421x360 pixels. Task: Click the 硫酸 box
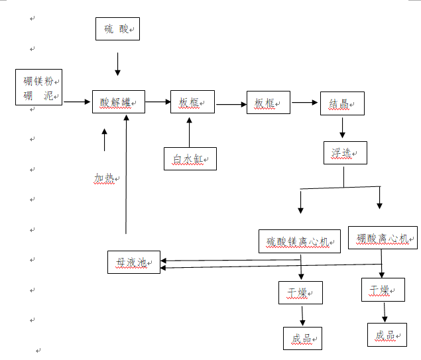pyautogui.click(x=118, y=29)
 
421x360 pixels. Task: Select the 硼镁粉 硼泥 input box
pyautogui.click(x=39, y=87)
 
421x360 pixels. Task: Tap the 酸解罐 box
pyautogui.click(x=119, y=102)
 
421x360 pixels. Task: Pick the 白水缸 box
pyautogui.click(x=190, y=159)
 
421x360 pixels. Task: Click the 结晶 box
pyautogui.click(x=342, y=103)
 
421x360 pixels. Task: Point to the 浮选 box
pyautogui.click(x=345, y=153)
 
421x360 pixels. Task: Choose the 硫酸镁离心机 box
pyautogui.click(x=298, y=241)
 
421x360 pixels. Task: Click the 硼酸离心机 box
pyautogui.click(x=383, y=237)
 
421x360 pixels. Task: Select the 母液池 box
pyautogui.click(x=134, y=263)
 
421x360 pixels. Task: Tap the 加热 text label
pyautogui.click(x=105, y=178)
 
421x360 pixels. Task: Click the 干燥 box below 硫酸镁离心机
pyautogui.click(x=300, y=292)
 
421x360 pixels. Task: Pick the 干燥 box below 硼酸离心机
pyautogui.click(x=383, y=290)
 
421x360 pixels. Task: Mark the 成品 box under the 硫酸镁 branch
pyautogui.click(x=302, y=338)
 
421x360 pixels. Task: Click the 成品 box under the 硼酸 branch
pyautogui.click(x=387, y=335)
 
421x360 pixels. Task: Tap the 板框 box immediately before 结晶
pyautogui.click(x=268, y=103)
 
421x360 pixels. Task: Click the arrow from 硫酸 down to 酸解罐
pyautogui.click(x=118, y=64)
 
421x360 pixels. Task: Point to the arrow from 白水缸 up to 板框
pyautogui.click(x=189, y=132)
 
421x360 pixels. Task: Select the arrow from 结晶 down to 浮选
pyautogui.click(x=342, y=127)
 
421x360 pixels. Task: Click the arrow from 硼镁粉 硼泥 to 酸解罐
pyautogui.click(x=77, y=101)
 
